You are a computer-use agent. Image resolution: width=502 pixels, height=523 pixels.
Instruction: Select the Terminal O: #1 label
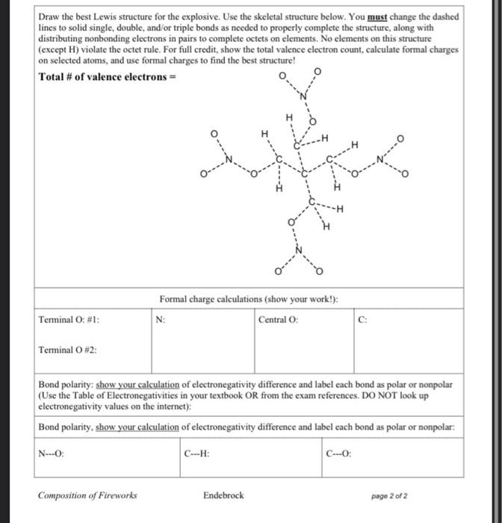point(69,320)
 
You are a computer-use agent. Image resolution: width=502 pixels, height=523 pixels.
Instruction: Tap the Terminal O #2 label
point(67,350)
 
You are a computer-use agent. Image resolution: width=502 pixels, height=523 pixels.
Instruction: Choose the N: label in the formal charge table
point(161,320)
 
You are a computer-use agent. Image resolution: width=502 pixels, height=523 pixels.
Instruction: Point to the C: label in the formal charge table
point(363,320)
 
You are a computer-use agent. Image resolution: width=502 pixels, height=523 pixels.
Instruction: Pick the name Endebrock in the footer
point(223,495)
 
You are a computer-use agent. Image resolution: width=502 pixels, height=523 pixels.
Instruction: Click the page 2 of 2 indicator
point(389,495)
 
